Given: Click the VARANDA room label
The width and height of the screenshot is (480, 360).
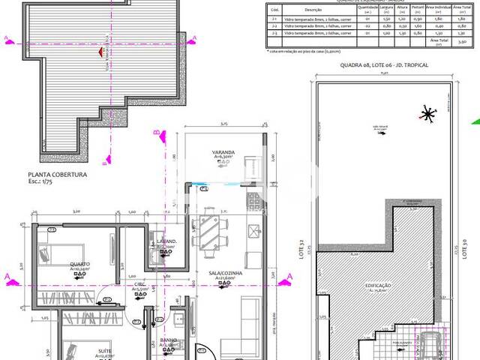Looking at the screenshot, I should click(x=222, y=151).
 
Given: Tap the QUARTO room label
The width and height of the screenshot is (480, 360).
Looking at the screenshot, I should click(x=81, y=263).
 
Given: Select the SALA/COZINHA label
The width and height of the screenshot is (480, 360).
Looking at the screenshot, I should click(x=225, y=274).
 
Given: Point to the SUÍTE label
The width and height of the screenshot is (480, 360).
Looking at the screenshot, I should click(x=105, y=350).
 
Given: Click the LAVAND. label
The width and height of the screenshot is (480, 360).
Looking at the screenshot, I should click(x=166, y=241).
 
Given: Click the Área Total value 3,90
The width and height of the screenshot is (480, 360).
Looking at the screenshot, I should click(x=463, y=44).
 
